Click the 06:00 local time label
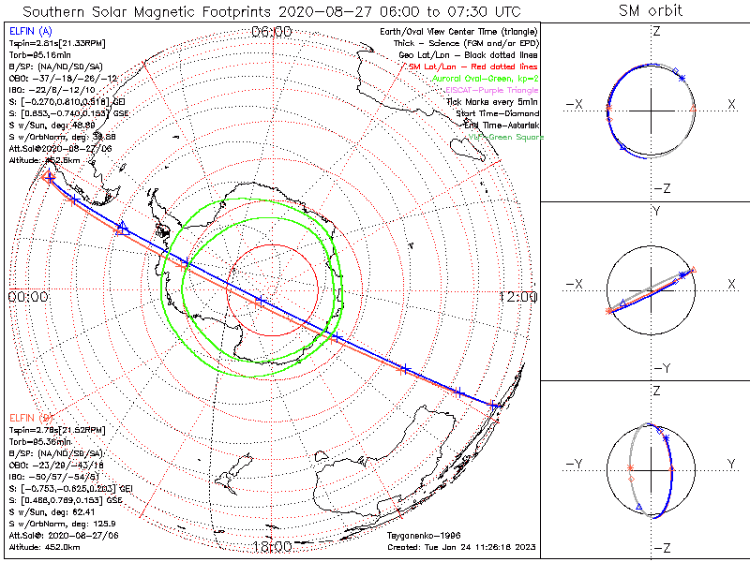click(272, 32)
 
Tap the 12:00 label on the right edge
click(518, 296)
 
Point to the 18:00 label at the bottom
click(272, 546)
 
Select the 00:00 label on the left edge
click(27, 296)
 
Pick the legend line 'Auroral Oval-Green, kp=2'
click(485, 79)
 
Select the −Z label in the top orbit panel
click(661, 187)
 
